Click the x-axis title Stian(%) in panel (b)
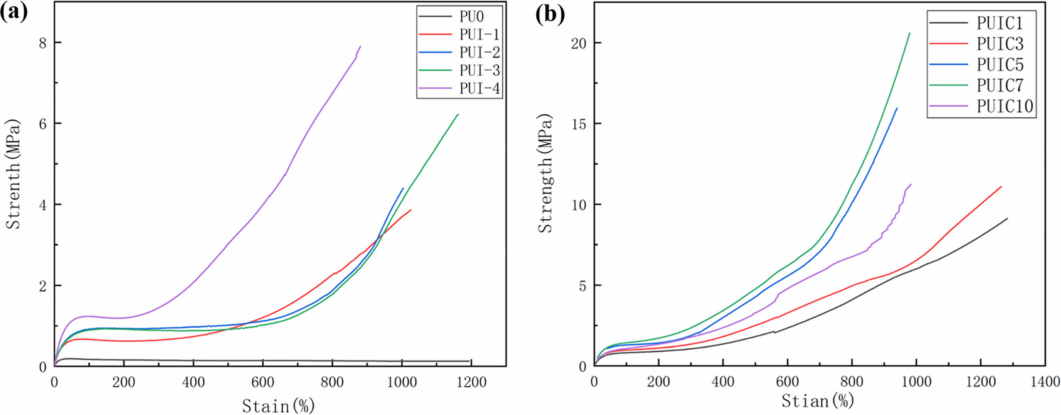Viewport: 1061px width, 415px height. click(818, 401)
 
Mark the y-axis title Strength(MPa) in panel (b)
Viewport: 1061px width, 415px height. click(546, 173)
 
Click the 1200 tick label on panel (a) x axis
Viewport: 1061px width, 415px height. click(471, 382)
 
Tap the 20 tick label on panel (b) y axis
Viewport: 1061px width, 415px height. click(579, 43)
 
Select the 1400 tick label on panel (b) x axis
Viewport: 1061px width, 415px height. click(1044, 382)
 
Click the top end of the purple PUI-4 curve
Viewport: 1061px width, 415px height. click(360, 46)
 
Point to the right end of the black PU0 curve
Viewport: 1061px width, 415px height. click(469, 361)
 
